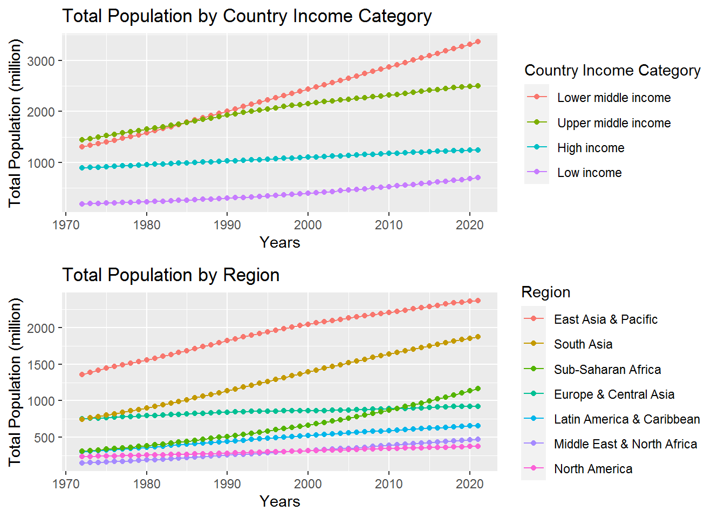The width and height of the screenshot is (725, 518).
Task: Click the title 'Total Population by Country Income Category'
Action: click(x=247, y=16)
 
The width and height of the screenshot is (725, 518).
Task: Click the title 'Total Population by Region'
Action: click(x=170, y=275)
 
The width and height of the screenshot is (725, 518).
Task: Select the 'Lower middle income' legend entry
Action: click(x=613, y=98)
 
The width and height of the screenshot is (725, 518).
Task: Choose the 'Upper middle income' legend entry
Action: click(x=613, y=123)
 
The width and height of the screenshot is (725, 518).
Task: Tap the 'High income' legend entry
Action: click(x=590, y=148)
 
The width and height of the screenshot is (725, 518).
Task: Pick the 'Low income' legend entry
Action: click(x=589, y=173)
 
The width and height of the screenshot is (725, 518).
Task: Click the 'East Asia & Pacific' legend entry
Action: click(x=605, y=319)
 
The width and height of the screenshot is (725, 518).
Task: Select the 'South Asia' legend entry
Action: click(x=583, y=344)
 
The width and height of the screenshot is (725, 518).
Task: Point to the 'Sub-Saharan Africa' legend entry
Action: click(x=607, y=370)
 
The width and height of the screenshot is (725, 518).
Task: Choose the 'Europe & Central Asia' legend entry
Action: click(x=613, y=394)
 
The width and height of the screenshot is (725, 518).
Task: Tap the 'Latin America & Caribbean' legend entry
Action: click(x=626, y=419)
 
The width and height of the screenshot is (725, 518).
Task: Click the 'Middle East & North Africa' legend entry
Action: click(x=625, y=444)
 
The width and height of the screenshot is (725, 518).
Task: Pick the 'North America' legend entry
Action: click(x=593, y=469)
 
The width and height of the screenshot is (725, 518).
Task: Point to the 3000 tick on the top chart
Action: click(x=41, y=61)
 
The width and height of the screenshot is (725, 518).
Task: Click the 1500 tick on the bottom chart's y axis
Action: click(x=41, y=365)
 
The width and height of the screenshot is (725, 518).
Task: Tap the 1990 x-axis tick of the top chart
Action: click(x=227, y=225)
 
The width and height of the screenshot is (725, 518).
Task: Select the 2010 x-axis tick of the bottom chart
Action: click(x=389, y=484)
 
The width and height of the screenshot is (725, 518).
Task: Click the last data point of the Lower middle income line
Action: click(x=477, y=42)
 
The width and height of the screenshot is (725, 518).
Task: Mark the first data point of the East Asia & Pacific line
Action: click(x=82, y=374)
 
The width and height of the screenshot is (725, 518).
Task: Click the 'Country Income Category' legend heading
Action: click(x=612, y=71)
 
